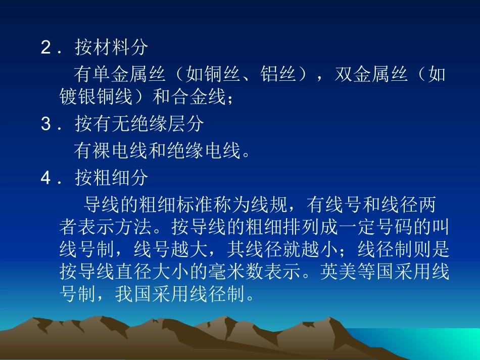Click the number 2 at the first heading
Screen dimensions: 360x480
[46, 48]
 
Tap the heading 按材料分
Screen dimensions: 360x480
[112, 48]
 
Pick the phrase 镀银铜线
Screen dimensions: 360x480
[97, 97]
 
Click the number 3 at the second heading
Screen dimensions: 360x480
[46, 124]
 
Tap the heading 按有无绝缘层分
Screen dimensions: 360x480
[139, 124]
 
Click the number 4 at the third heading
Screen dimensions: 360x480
[46, 177]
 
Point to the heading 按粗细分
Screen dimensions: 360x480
[112, 177]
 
